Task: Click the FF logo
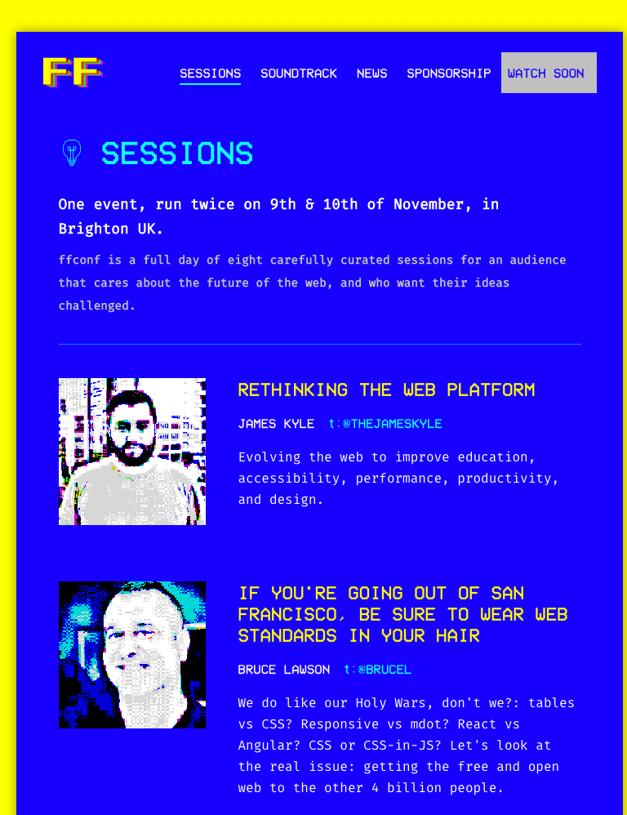(x=73, y=72)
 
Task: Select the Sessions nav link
(x=211, y=73)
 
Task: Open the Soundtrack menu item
(x=299, y=73)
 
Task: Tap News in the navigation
(x=372, y=73)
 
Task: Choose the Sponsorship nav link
(x=449, y=73)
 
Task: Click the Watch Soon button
(x=549, y=73)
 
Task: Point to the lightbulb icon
(x=72, y=153)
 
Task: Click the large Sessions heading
(x=177, y=154)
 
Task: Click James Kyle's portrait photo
(x=132, y=451)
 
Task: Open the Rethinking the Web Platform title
(x=386, y=390)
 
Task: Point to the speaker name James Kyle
(x=276, y=424)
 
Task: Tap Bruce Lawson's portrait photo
(x=132, y=655)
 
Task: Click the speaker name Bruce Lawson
(x=283, y=670)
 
